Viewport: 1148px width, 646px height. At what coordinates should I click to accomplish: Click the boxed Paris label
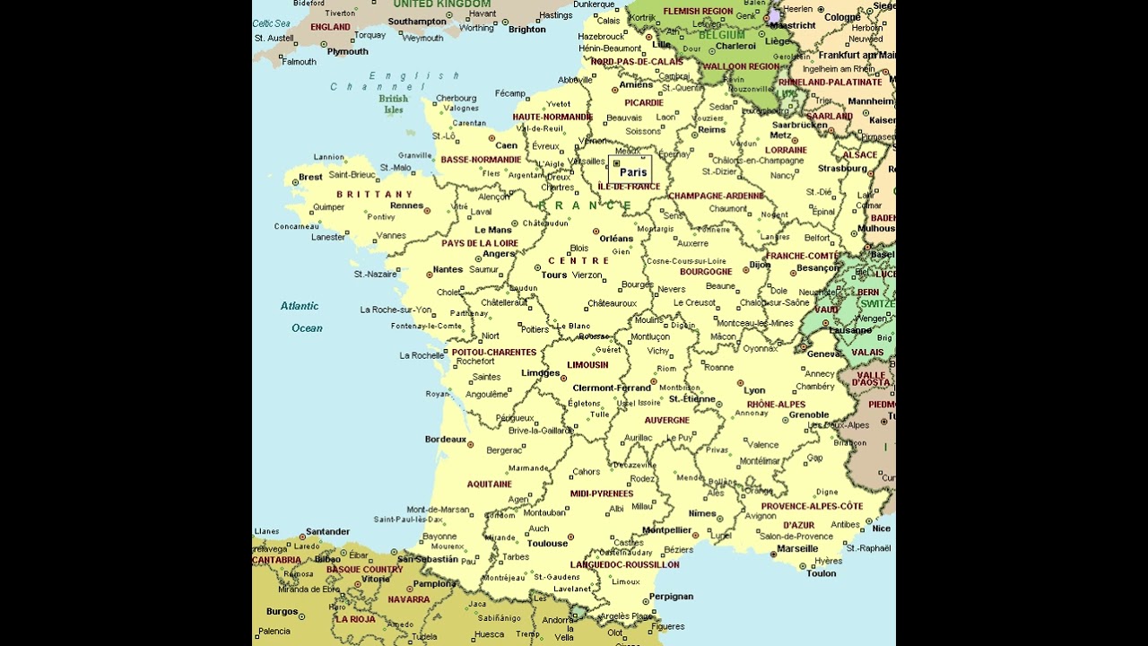[631, 172]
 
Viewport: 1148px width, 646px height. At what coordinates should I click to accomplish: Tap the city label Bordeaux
[446, 440]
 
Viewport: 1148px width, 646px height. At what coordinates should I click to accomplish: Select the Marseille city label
[797, 548]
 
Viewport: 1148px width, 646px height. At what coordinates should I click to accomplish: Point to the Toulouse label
[547, 543]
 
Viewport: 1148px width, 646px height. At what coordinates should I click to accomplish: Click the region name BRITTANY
[374, 194]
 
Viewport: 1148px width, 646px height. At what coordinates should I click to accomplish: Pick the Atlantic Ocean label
[301, 317]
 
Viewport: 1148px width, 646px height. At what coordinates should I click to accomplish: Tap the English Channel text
[395, 82]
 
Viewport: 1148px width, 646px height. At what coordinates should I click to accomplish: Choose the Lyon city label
[754, 390]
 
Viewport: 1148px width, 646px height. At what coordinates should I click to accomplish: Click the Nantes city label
[448, 269]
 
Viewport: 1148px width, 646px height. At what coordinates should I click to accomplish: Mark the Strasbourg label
[842, 168]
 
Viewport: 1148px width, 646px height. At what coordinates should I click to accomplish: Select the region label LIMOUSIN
[587, 365]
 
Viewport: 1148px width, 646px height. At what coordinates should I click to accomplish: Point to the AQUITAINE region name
[489, 484]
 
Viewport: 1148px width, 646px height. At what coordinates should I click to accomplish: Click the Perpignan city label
[671, 596]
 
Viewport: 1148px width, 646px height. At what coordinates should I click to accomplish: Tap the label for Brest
[310, 177]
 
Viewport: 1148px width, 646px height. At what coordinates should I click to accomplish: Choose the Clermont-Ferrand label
[612, 388]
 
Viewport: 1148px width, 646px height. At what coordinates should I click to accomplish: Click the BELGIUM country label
[722, 35]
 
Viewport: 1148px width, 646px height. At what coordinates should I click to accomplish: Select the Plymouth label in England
[347, 51]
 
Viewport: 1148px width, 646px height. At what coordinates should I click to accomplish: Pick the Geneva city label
[823, 354]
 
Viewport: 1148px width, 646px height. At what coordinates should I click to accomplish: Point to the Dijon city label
[760, 265]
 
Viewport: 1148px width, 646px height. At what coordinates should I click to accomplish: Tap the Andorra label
[557, 620]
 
